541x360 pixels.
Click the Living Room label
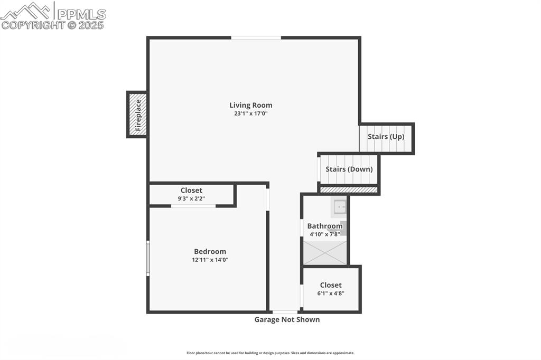coord(251,105)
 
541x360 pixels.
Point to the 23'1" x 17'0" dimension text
coord(251,113)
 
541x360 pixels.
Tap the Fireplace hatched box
coord(137,115)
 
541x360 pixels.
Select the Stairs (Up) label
coord(386,137)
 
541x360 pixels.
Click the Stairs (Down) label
coord(349,169)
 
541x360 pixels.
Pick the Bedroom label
coord(210,251)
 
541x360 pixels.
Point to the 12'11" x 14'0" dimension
coord(210,260)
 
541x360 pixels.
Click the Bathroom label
coord(325,226)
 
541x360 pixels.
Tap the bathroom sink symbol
coord(340,207)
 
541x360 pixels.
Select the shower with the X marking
coord(325,253)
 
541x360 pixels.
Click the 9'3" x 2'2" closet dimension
coord(191,198)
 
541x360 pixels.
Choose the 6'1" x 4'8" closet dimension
coord(331,293)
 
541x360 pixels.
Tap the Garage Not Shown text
coord(287,320)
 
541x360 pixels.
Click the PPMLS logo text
coord(81,14)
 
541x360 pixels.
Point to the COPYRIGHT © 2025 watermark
coord(52,25)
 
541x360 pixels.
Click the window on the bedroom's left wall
coord(148,258)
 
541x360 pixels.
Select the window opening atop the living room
coord(256,37)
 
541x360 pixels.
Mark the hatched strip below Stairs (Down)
coord(349,190)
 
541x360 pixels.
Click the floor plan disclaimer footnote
coord(270,353)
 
